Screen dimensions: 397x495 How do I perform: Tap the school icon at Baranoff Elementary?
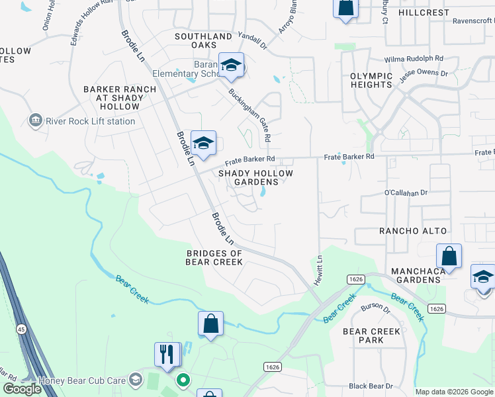click(231, 65)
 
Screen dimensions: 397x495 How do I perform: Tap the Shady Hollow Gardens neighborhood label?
click(255, 177)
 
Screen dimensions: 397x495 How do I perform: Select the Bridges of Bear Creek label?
click(215, 257)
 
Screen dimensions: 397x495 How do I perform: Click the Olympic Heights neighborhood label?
click(371, 80)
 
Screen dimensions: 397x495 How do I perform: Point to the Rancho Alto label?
click(412, 231)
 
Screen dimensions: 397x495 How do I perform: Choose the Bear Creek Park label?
click(371, 335)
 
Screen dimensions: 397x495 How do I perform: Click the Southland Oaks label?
click(203, 40)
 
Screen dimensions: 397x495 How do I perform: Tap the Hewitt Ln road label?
click(319, 267)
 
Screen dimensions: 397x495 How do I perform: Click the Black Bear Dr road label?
click(371, 386)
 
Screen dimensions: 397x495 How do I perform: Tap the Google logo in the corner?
click(22, 389)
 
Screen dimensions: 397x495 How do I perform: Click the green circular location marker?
click(183, 380)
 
